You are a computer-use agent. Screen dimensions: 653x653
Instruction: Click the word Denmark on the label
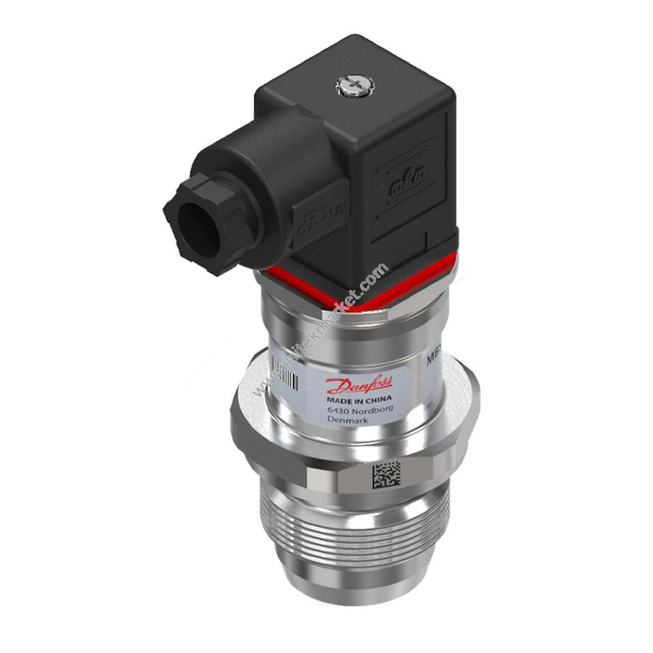(349, 421)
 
